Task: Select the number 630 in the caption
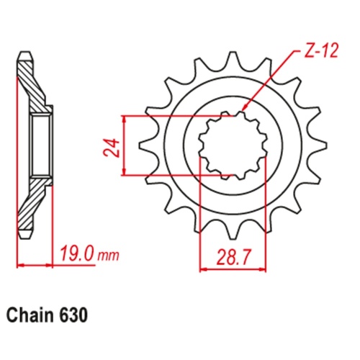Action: click(x=76, y=315)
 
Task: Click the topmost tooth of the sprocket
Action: click(x=232, y=60)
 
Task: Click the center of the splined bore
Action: click(x=232, y=144)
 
